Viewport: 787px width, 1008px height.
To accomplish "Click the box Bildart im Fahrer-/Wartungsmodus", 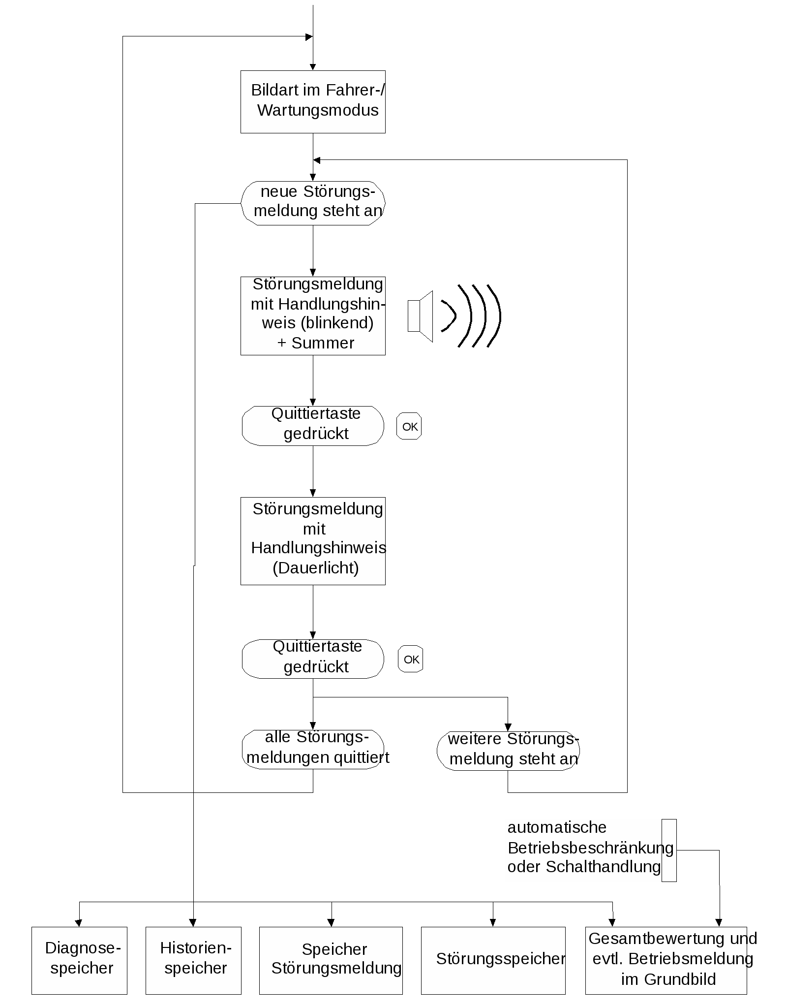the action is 313,102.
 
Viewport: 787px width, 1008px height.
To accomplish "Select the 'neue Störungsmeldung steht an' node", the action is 313,203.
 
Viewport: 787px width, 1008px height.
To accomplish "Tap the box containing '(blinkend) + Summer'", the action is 313,316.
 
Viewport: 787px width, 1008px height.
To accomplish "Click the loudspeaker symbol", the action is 421,316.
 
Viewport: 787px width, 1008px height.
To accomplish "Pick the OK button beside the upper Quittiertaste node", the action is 409,426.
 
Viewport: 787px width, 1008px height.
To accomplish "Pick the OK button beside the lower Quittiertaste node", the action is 411,659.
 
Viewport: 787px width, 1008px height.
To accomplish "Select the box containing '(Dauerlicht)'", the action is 313,541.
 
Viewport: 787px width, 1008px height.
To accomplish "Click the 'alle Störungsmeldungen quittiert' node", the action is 313,749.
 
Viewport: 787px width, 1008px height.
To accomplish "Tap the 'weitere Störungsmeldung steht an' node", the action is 508,751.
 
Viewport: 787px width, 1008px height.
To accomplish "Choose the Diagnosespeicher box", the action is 79,961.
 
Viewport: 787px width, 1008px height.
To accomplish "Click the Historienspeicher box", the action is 193,961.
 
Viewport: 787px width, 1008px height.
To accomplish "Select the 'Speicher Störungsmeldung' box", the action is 331,961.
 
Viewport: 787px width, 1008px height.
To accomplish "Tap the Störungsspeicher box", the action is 493,961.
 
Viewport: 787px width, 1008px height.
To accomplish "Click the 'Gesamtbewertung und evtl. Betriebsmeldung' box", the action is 666,961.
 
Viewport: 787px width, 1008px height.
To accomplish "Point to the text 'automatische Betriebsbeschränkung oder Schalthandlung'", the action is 590,847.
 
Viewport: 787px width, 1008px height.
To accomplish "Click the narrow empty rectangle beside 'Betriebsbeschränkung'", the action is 669,850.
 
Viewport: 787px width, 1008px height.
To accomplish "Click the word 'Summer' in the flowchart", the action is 323,343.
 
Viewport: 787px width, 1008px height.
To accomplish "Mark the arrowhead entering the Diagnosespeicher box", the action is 79,923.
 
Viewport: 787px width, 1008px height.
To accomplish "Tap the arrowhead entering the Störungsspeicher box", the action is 493,923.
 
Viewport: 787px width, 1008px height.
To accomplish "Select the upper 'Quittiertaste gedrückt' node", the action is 313,426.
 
